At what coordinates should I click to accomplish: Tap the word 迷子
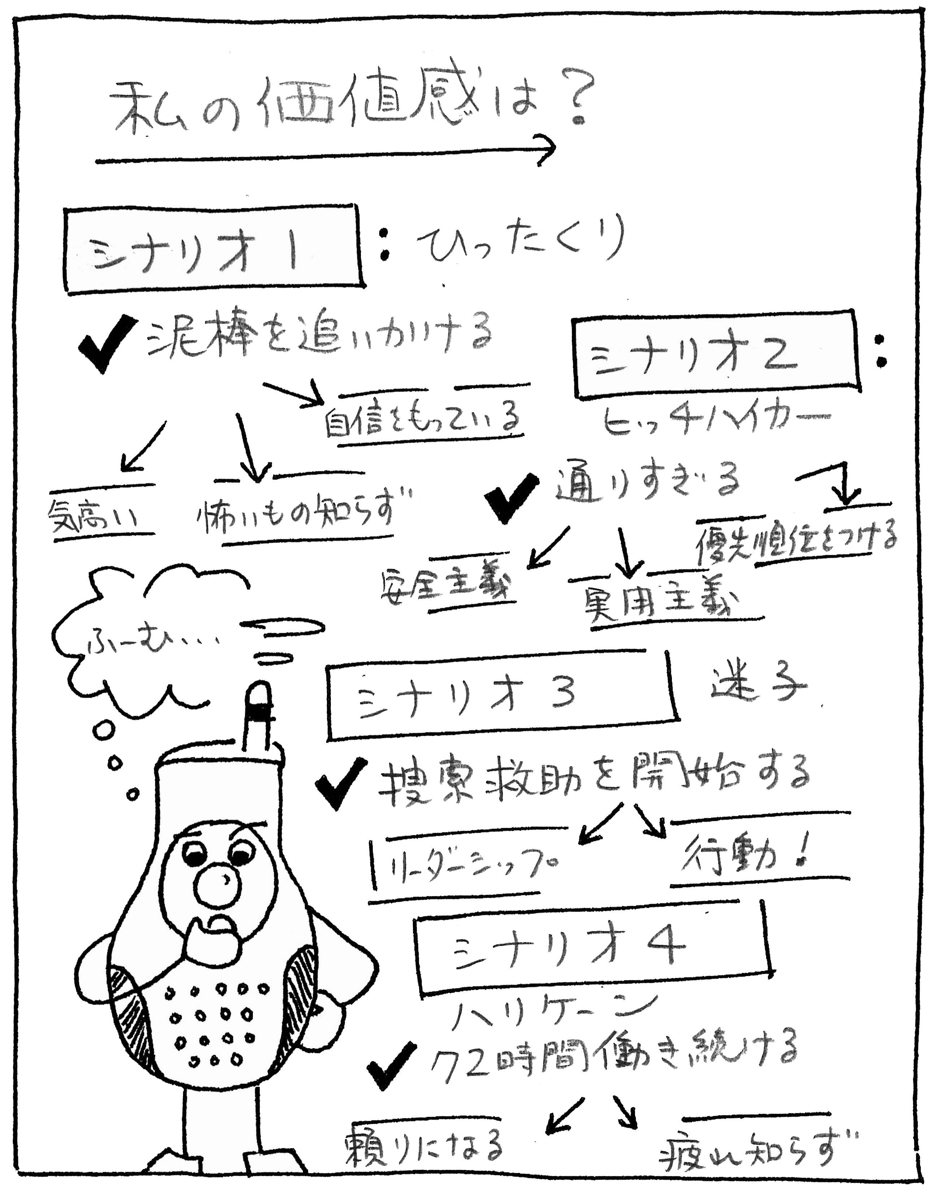coord(757,686)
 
